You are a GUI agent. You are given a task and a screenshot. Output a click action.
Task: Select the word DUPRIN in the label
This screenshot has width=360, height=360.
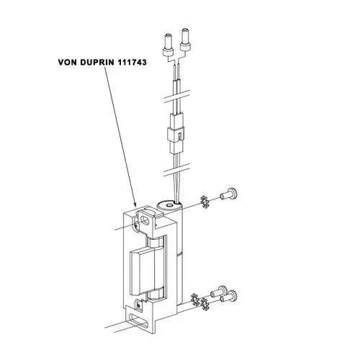click(x=97, y=63)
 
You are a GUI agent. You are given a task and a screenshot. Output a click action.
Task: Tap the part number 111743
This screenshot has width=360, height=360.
click(x=132, y=63)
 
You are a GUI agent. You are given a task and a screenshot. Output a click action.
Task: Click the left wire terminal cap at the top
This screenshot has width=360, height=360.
click(x=168, y=45)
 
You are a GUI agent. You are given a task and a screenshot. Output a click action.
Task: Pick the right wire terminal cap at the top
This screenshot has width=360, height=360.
click(x=186, y=40)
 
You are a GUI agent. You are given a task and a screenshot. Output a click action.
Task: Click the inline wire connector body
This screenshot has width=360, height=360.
click(x=176, y=133)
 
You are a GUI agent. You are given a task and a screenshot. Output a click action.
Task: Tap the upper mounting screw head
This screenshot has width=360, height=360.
click(x=232, y=194)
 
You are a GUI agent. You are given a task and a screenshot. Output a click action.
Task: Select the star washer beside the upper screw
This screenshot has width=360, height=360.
click(x=204, y=202)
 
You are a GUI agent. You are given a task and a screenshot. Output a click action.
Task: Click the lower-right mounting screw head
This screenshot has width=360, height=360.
click(x=233, y=296)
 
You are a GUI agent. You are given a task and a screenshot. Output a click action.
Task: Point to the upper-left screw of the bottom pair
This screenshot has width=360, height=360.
click(x=222, y=291)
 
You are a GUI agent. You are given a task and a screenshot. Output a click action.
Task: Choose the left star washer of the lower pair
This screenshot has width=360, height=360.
click(x=195, y=300)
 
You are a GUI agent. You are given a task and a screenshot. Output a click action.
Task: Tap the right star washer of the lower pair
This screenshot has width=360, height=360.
click(x=205, y=304)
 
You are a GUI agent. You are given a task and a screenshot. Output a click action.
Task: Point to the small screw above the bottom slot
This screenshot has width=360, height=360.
click(x=138, y=305)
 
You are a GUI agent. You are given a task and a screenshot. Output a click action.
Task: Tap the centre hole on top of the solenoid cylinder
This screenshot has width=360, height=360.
click(x=170, y=205)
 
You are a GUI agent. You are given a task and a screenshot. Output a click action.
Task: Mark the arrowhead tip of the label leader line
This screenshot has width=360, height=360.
click(x=136, y=207)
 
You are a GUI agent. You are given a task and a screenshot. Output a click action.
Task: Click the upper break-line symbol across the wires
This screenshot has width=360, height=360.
click(x=176, y=97)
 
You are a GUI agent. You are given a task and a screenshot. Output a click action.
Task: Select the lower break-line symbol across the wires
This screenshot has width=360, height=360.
click(x=176, y=171)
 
